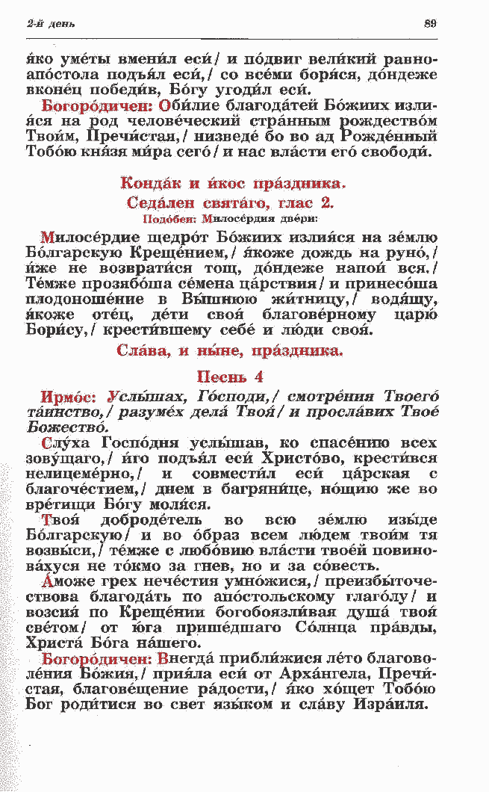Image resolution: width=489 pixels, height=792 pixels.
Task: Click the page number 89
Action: click(429, 23)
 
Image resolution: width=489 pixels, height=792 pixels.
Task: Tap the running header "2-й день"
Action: click(46, 24)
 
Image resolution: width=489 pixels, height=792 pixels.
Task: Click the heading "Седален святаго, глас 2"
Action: click(230, 202)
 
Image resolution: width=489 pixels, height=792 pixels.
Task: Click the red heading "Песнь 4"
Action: click(230, 377)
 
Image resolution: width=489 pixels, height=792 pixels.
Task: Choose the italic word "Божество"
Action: click(66, 427)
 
